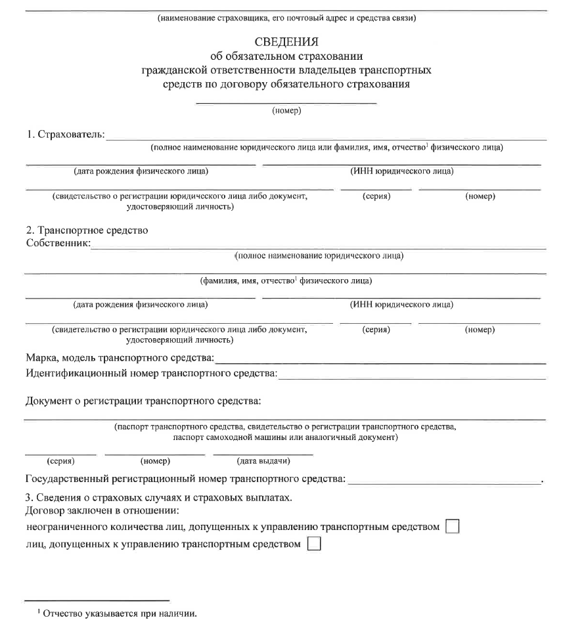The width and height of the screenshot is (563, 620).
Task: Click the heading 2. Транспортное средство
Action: tap(87, 231)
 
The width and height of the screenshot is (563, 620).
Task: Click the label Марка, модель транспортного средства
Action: tap(120, 359)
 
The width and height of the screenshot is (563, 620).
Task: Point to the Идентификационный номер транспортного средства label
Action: tap(150, 374)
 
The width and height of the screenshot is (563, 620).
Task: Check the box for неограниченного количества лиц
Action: tap(452, 527)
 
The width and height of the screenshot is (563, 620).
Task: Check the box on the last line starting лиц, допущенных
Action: tap(314, 544)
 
